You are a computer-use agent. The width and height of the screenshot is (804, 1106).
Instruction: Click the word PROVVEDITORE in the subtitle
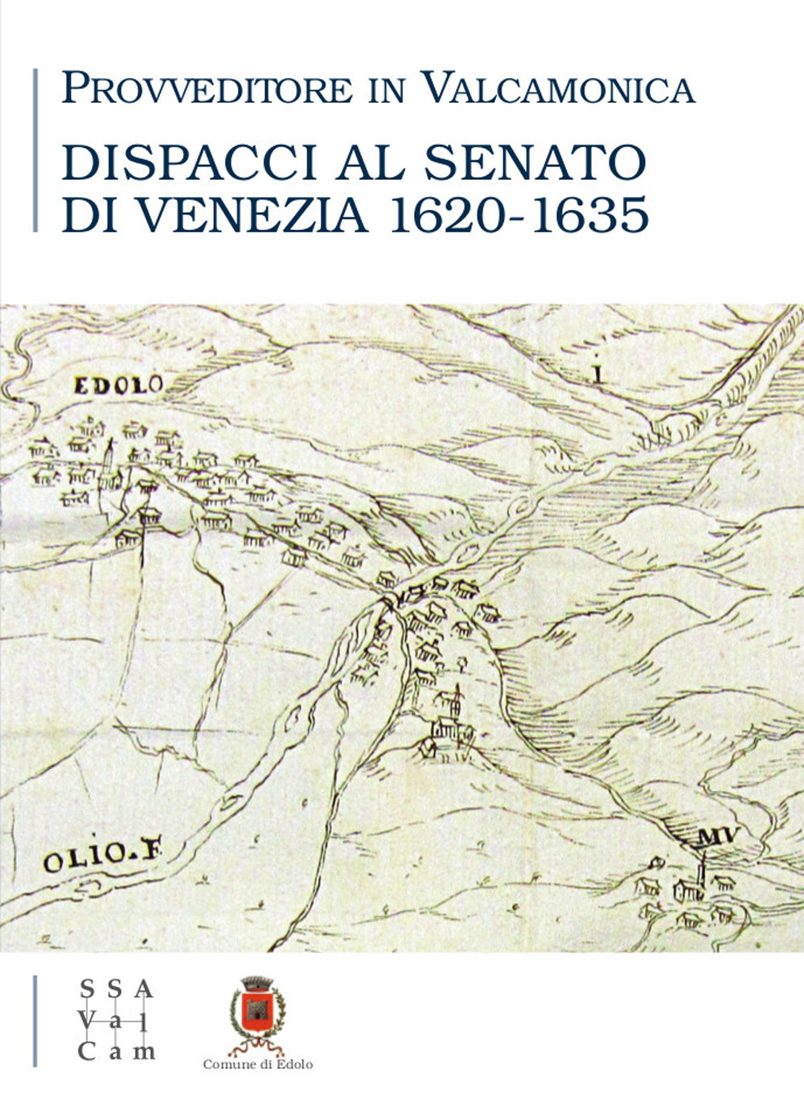[x=207, y=88]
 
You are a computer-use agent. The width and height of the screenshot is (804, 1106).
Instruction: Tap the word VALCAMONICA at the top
[x=559, y=88]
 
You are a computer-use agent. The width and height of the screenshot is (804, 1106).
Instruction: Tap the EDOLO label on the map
[x=118, y=386]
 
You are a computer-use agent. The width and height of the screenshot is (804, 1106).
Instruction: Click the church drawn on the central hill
[x=448, y=723]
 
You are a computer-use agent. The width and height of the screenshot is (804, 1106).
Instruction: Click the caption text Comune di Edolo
[x=257, y=1064]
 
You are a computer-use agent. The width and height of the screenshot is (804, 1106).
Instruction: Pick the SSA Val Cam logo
[x=116, y=1020]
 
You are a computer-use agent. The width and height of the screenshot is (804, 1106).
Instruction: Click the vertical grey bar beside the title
[x=35, y=150]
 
